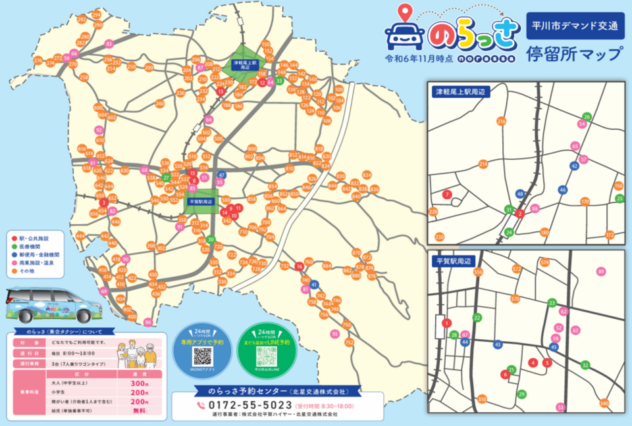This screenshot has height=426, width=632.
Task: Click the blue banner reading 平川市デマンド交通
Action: (x=575, y=27)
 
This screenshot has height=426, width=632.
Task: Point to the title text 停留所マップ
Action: (x=574, y=54)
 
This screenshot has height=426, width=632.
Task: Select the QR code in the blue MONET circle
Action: (x=202, y=357)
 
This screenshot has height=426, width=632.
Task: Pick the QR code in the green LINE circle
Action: (x=267, y=357)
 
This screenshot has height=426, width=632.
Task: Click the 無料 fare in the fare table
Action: (x=139, y=410)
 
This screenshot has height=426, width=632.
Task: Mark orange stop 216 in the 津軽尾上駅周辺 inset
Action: (x=502, y=122)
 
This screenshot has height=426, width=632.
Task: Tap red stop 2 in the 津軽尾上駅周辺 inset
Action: (x=520, y=214)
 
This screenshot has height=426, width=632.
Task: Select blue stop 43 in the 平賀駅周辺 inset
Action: (x=498, y=344)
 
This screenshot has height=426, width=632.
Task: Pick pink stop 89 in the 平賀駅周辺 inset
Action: (x=600, y=272)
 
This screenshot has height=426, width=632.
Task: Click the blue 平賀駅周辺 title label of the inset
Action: (x=454, y=261)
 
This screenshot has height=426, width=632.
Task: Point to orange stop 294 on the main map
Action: (x=97, y=14)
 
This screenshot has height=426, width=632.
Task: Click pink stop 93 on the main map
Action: (x=335, y=334)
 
